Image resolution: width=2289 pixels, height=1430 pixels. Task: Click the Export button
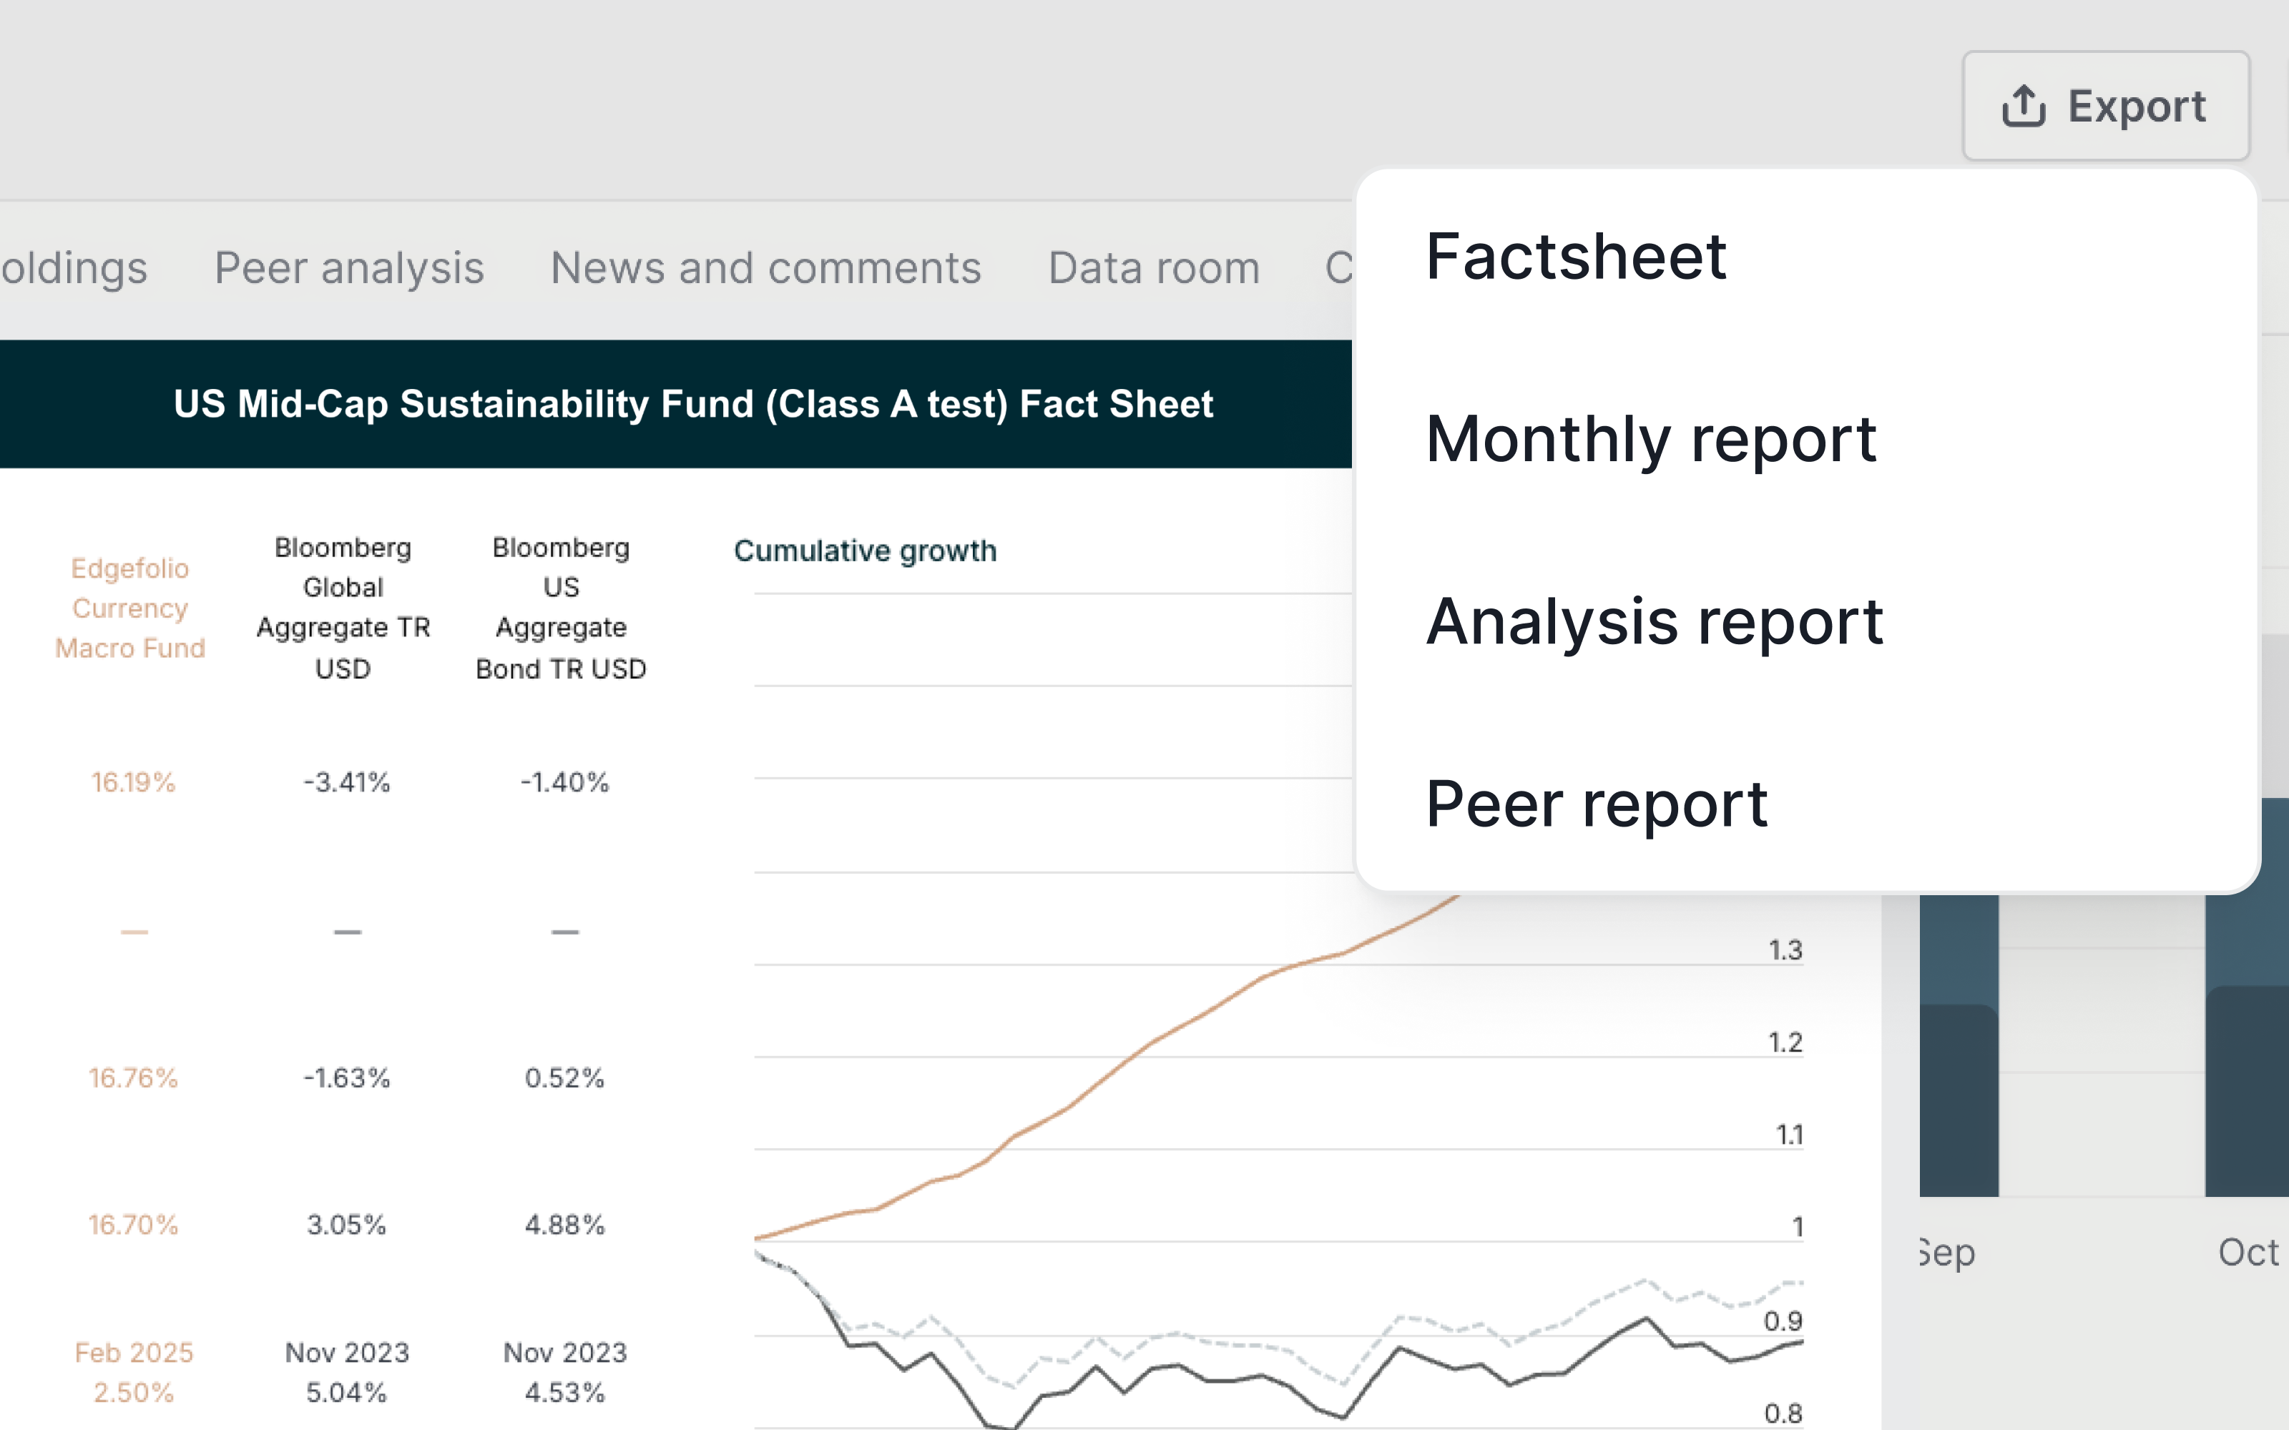point(2104,106)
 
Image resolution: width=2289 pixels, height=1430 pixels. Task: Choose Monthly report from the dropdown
point(1650,439)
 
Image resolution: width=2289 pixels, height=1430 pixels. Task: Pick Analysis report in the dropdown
point(1655,621)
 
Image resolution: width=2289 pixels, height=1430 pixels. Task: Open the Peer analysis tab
point(349,267)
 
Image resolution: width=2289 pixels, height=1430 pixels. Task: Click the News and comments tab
point(765,267)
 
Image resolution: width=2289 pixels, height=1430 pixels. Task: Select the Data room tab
point(1154,267)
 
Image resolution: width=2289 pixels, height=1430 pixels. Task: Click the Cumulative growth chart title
point(865,551)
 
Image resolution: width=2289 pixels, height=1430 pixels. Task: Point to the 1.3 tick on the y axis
point(1785,950)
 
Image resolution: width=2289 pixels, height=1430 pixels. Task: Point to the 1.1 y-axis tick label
point(1788,1134)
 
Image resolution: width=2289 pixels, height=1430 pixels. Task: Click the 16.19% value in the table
point(133,782)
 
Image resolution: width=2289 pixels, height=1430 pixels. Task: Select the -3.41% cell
point(346,782)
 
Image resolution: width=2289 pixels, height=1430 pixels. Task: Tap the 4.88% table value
point(564,1225)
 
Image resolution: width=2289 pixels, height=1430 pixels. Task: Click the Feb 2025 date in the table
point(133,1353)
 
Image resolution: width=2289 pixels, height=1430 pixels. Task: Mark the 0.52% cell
point(564,1078)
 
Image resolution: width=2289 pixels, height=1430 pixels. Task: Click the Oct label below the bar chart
point(2248,1252)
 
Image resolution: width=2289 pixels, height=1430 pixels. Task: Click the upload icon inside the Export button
point(2023,106)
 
